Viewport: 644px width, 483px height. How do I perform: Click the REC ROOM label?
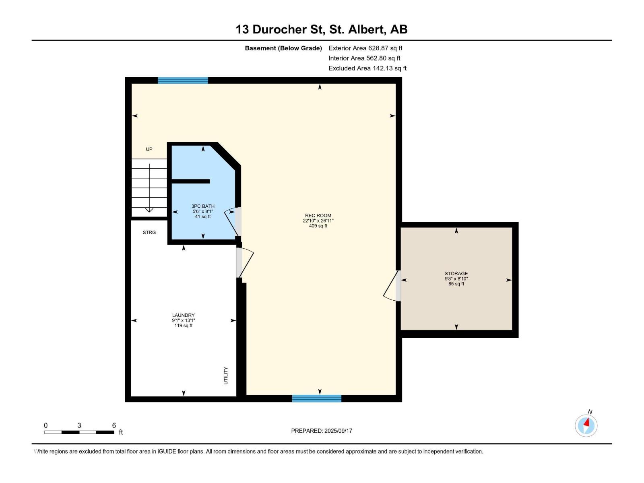pyautogui.click(x=318, y=216)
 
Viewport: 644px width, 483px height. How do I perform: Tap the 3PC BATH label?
pyautogui.click(x=203, y=206)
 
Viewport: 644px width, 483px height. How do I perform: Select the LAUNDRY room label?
pyautogui.click(x=184, y=316)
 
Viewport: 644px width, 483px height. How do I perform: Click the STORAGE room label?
pyautogui.click(x=456, y=274)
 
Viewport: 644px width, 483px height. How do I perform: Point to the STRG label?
pyautogui.click(x=149, y=233)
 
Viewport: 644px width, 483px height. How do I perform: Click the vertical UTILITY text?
pyautogui.click(x=226, y=376)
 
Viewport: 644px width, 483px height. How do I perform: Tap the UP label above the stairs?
pyautogui.click(x=149, y=149)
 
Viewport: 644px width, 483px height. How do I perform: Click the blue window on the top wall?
pyautogui.click(x=183, y=80)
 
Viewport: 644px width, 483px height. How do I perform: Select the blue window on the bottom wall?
pyautogui.click(x=317, y=398)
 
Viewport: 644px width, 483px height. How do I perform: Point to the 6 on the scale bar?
pyautogui.click(x=114, y=425)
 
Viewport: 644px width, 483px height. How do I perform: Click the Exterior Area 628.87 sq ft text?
pyautogui.click(x=365, y=48)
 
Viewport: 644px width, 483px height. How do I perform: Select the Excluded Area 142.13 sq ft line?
pyautogui.click(x=367, y=68)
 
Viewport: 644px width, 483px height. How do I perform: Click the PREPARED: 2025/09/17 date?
pyautogui.click(x=322, y=431)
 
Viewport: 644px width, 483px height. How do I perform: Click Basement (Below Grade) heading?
pyautogui.click(x=283, y=48)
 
